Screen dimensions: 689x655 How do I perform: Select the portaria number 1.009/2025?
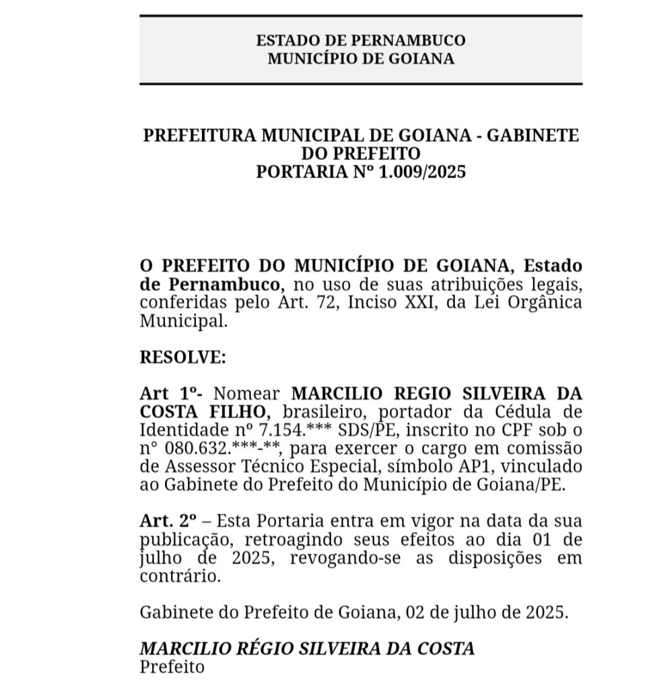pyautogui.click(x=422, y=172)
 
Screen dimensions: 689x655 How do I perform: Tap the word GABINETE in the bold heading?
pyautogui.click(x=532, y=135)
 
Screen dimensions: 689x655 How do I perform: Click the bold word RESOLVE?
pyautogui.click(x=182, y=357)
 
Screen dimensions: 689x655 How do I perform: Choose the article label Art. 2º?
pyautogui.click(x=168, y=521)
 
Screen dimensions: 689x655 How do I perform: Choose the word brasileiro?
pyautogui.click(x=316, y=411)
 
